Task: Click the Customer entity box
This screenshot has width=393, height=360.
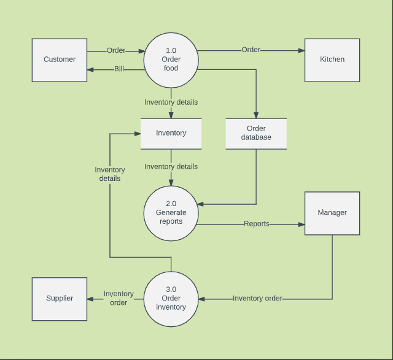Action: (60, 60)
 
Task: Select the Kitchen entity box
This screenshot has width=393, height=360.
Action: (332, 60)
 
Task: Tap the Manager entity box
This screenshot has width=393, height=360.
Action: (332, 213)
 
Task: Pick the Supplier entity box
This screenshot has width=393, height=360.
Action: (60, 299)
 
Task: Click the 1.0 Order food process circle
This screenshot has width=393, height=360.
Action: (171, 59)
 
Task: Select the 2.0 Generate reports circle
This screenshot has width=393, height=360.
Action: (171, 213)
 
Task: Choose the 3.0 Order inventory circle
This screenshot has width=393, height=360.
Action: (171, 299)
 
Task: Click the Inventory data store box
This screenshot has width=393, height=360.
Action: (171, 133)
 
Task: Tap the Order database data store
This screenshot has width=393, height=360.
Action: (256, 133)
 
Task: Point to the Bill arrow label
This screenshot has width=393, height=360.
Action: (119, 69)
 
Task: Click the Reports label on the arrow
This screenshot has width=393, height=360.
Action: (257, 224)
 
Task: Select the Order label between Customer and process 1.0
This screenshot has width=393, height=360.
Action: (116, 50)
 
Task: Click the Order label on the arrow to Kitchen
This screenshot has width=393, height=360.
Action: (251, 50)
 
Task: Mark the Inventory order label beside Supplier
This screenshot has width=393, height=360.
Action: (119, 299)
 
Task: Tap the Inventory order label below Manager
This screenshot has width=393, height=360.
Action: (257, 299)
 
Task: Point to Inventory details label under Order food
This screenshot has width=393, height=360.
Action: (171, 102)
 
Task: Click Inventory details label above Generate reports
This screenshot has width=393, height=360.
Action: (171, 166)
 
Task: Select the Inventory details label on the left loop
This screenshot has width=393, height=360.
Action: (110, 174)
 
